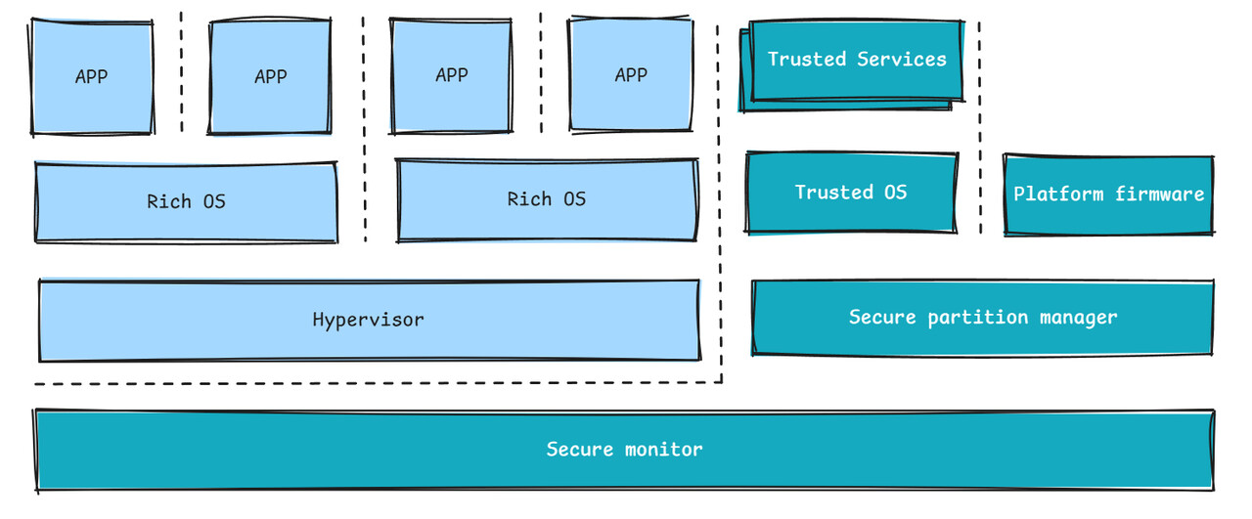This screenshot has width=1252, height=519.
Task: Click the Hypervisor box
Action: (x=370, y=321)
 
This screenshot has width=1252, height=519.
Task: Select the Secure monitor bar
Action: (x=624, y=451)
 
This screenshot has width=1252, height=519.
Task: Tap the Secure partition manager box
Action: (x=983, y=318)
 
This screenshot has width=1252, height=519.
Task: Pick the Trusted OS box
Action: (x=851, y=193)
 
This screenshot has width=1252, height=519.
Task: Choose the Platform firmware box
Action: (x=1109, y=195)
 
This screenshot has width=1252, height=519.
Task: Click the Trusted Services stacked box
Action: (x=852, y=65)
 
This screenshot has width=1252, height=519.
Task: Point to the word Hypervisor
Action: (x=369, y=321)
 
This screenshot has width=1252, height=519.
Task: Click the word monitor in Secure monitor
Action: (x=663, y=450)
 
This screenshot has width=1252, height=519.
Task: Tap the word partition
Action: (x=977, y=318)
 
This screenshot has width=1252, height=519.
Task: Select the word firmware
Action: (x=1160, y=194)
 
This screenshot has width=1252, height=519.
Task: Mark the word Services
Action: (x=902, y=60)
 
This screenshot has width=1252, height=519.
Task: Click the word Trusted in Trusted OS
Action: (x=834, y=193)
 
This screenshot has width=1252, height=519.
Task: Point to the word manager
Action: (x=1078, y=318)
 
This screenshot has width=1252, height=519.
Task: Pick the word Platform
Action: (x=1058, y=194)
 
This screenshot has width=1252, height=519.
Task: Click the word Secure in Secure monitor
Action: (x=580, y=450)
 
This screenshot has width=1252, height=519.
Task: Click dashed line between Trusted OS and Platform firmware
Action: (x=980, y=128)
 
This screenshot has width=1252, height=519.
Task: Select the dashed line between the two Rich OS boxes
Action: (x=364, y=129)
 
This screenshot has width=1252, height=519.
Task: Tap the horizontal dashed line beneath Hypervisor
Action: (x=379, y=383)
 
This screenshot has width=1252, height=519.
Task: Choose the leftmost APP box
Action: (x=92, y=77)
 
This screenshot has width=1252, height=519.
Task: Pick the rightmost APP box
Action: (x=631, y=75)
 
